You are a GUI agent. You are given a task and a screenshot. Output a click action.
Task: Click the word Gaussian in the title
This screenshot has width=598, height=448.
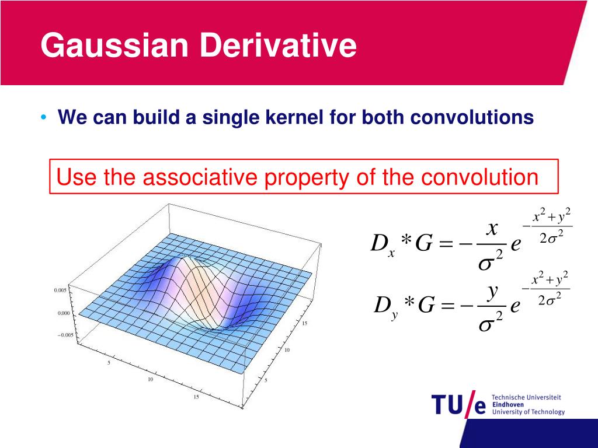[114, 45]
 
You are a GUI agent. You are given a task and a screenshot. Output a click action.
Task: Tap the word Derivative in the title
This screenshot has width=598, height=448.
[277, 45]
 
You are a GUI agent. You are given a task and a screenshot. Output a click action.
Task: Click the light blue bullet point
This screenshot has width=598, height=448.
[44, 117]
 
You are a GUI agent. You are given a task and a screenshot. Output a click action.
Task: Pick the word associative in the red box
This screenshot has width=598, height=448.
[200, 177]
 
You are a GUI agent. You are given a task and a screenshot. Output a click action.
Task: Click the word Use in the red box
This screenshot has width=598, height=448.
[77, 177]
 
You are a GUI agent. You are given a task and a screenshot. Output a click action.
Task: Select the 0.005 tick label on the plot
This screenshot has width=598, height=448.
[60, 290]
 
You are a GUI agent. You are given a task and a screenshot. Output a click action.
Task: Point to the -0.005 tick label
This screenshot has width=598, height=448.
[65, 335]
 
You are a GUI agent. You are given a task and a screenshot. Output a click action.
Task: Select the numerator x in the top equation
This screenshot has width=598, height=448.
[492, 228]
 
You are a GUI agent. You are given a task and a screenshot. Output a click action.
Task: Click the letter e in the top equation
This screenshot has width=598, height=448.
[516, 244]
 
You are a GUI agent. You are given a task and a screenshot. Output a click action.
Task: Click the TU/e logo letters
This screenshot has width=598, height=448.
[459, 405]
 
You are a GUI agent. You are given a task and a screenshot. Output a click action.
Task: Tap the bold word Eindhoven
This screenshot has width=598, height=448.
[508, 405]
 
